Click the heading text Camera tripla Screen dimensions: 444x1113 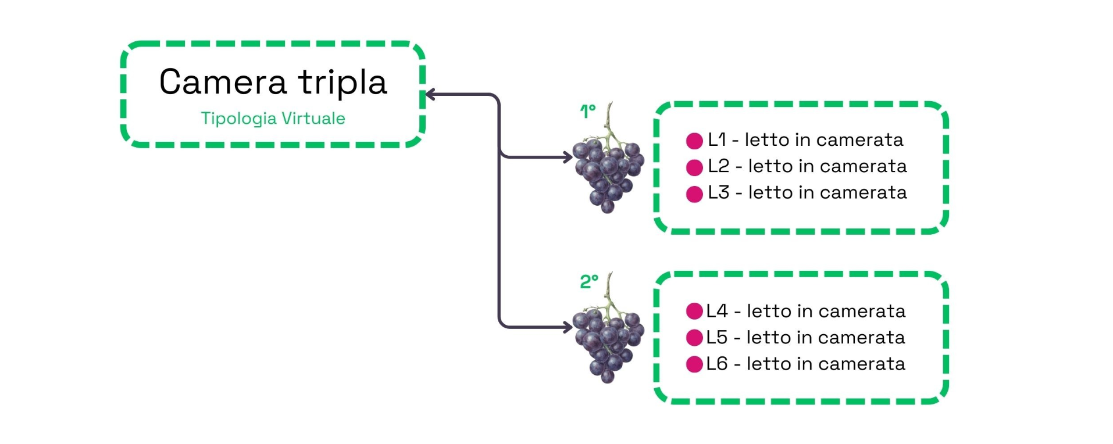coord(273,82)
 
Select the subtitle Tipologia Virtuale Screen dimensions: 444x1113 coord(273,119)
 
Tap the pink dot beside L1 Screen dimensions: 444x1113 coord(694,141)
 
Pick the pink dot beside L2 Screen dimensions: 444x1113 coord(694,167)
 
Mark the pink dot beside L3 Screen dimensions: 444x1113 coord(694,194)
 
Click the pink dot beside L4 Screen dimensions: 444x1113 coord(694,311)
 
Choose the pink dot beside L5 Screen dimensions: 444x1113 coord(694,338)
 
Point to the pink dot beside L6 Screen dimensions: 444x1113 coord(694,364)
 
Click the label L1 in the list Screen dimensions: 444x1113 coord(717,140)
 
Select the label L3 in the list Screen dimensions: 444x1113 coord(718,193)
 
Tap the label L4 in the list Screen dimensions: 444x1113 coord(717,311)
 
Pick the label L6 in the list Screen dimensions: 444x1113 coord(717,364)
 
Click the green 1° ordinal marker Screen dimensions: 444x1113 coord(588,110)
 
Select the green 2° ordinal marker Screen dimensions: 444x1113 coord(588,282)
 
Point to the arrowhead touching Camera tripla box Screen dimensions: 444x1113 coord(431,95)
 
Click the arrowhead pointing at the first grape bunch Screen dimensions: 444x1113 coord(568,157)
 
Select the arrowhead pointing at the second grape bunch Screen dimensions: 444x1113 coord(568,327)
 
